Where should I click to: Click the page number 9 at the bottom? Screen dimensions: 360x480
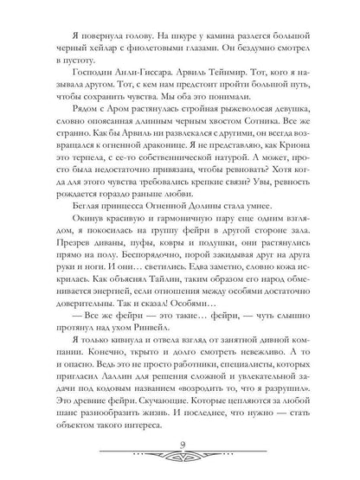[180, 445]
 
